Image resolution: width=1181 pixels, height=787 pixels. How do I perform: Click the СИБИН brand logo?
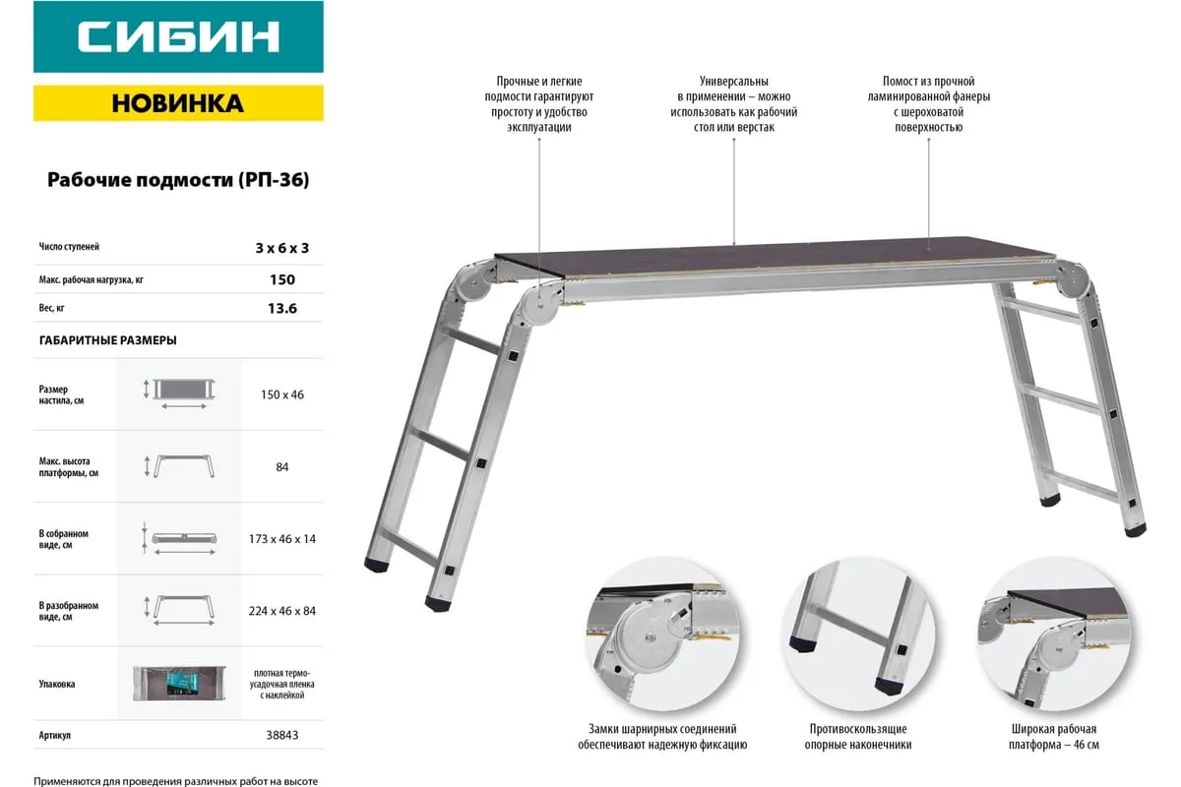click(x=178, y=37)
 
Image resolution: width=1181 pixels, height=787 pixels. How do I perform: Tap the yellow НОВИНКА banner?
click(x=178, y=103)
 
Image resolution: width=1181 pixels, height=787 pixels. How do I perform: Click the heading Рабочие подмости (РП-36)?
click(x=178, y=180)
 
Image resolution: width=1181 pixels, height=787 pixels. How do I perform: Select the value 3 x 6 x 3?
click(x=282, y=248)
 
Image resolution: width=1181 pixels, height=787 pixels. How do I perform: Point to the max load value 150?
click(x=282, y=279)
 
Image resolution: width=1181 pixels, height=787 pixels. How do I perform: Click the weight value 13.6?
click(x=282, y=308)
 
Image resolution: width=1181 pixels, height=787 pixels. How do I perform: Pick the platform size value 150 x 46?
click(x=282, y=394)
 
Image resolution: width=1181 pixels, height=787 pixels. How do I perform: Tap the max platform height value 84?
click(x=282, y=467)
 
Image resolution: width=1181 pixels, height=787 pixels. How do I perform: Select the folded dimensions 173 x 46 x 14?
click(x=282, y=539)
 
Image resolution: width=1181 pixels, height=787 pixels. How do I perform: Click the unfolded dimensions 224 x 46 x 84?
click(x=282, y=611)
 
